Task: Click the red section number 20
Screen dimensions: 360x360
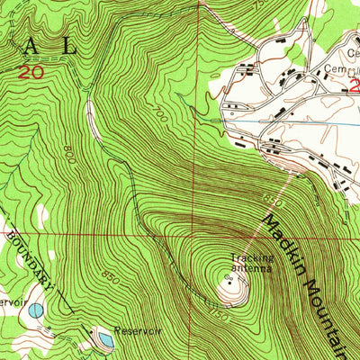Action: point(36,70)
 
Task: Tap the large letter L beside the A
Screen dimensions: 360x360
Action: point(88,47)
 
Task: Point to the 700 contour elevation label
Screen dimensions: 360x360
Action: point(160,114)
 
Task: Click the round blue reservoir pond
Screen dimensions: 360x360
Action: point(35,310)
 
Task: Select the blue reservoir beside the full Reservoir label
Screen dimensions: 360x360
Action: point(103,340)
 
